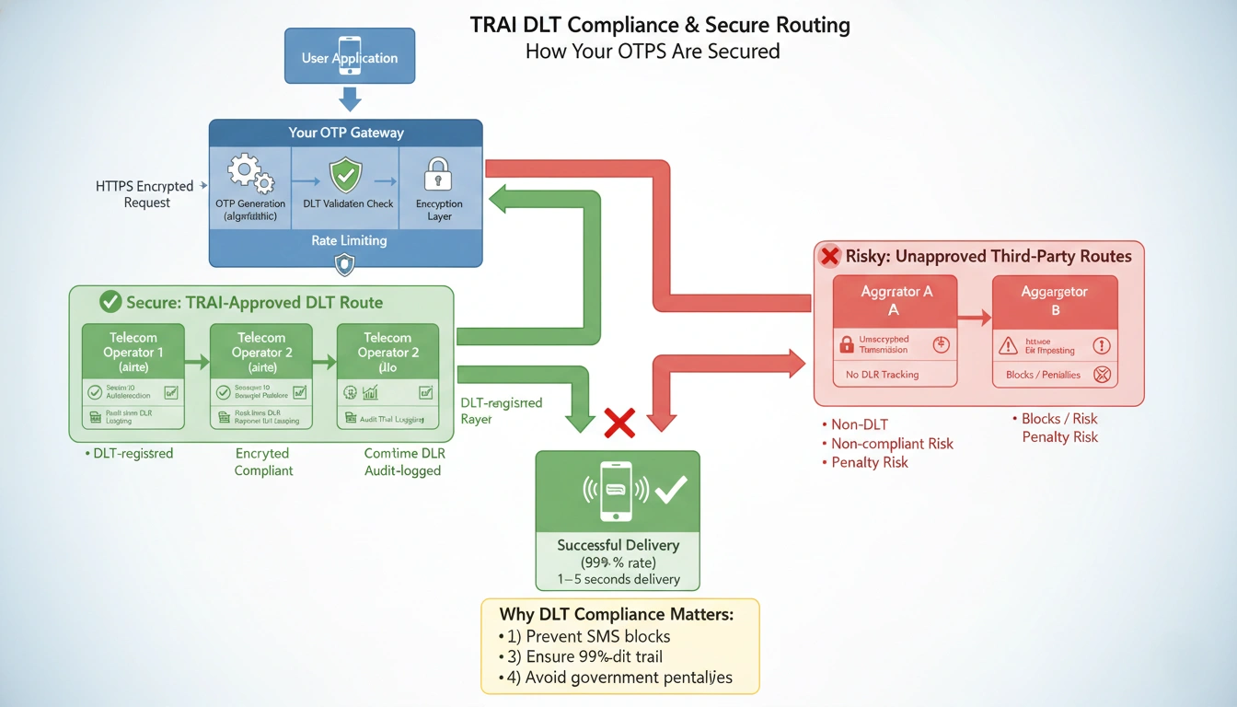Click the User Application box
point(350,57)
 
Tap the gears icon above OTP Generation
point(250,173)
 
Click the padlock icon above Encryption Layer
point(438,173)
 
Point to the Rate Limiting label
point(349,240)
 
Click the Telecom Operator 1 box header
point(133,352)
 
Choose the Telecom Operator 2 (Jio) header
point(387,352)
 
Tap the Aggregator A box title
point(896,300)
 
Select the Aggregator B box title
point(1055,300)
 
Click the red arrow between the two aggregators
point(975,319)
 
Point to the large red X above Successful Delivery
point(619,423)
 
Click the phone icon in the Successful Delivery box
point(617,491)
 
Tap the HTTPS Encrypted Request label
point(145,193)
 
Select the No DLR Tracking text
point(881,375)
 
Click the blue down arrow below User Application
point(350,99)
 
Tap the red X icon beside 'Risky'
point(830,256)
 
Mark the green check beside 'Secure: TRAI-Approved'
point(110,301)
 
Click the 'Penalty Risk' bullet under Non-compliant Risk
point(869,462)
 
